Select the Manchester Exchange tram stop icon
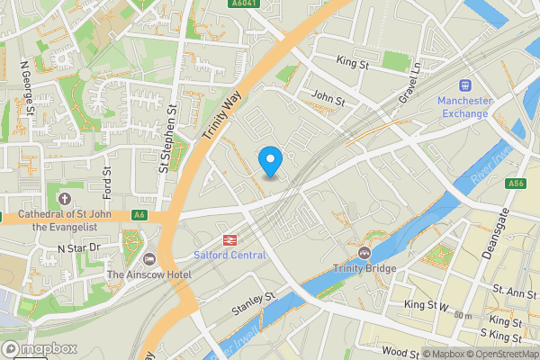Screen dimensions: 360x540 coord(465,85)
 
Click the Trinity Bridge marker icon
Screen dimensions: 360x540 coord(364,252)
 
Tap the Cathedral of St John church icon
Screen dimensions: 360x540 coord(64,198)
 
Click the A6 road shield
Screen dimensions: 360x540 coord(139,215)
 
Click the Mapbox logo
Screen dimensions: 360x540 coord(37,348)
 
